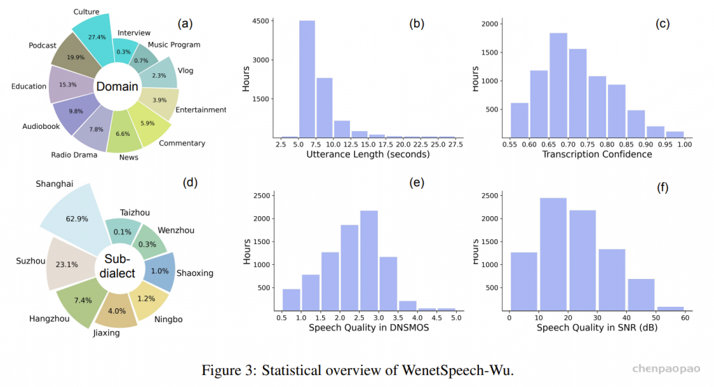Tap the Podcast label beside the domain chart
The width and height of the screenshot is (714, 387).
43,45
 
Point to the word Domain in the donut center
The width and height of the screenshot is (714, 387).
118,87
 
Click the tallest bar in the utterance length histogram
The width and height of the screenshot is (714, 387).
307,79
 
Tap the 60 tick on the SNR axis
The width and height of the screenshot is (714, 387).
685,319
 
